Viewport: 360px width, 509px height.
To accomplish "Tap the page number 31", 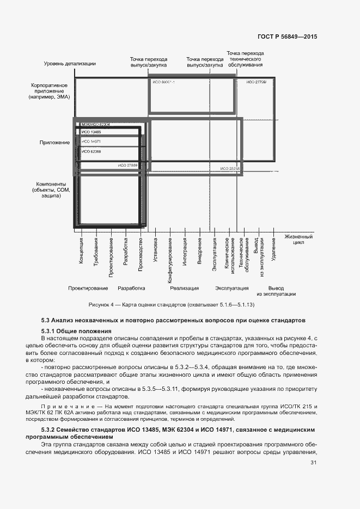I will [x=313, y=463].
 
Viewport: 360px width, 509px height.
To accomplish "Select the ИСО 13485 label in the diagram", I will [x=91, y=132].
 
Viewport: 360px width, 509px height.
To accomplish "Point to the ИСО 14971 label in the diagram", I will [x=91, y=142].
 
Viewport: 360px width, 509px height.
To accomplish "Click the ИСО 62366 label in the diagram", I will [x=91, y=151].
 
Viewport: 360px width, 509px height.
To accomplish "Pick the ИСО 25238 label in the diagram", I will [x=230, y=169].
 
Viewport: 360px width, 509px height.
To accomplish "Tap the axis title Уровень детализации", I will [x=70, y=64].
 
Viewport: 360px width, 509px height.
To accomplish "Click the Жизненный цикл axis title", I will [x=298, y=240].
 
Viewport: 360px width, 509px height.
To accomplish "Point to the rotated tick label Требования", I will [x=96, y=252].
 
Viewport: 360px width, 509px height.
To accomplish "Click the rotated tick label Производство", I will [x=141, y=255].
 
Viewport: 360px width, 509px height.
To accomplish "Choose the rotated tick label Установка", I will [x=155, y=252].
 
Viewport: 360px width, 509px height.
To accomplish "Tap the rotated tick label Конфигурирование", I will [x=170, y=259].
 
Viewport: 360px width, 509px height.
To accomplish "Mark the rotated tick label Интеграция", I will [x=185, y=253].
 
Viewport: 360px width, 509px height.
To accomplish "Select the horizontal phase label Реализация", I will [x=184, y=288].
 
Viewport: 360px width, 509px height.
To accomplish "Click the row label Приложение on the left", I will [x=54, y=143].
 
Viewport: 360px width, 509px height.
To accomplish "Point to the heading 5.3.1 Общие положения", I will [x=76, y=331].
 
